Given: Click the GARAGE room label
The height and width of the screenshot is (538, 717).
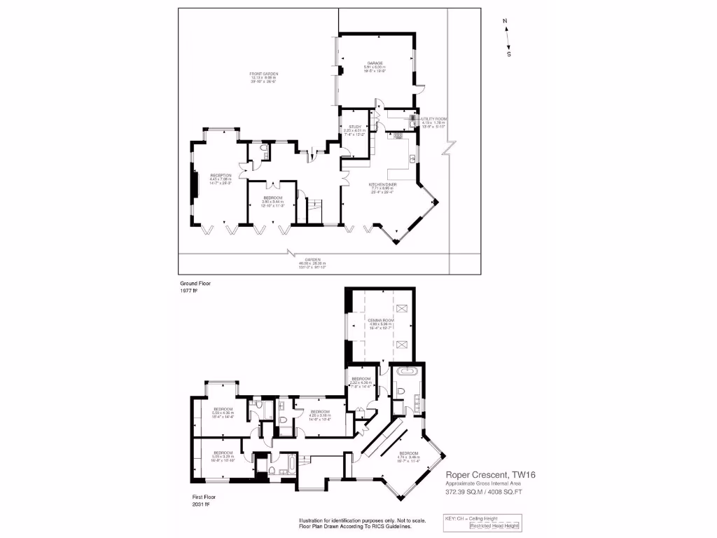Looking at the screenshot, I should click(375, 63).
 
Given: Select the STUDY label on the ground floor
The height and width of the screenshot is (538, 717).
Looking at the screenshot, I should click(354, 126).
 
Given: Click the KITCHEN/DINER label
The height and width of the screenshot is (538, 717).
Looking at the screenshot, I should click(383, 184).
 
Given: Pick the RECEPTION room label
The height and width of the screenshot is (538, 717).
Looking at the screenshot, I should click(221, 175).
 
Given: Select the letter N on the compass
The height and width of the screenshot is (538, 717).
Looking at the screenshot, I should click(505, 21).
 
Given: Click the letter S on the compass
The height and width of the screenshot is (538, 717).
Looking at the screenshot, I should click(509, 54).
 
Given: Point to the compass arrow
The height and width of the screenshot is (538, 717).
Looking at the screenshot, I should click(507, 37).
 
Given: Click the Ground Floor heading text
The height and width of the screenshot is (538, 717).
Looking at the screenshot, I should click(195, 283).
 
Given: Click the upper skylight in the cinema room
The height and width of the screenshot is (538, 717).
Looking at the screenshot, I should click(402, 308).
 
